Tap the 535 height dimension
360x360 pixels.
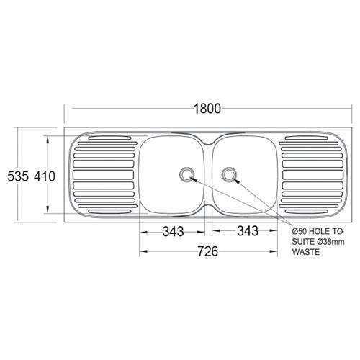click(x=16, y=174)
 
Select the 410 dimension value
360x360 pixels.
click(x=44, y=174)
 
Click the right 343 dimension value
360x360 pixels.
click(x=246, y=232)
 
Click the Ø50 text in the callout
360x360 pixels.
click(x=300, y=231)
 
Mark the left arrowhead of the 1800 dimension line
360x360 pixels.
click(x=67, y=120)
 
